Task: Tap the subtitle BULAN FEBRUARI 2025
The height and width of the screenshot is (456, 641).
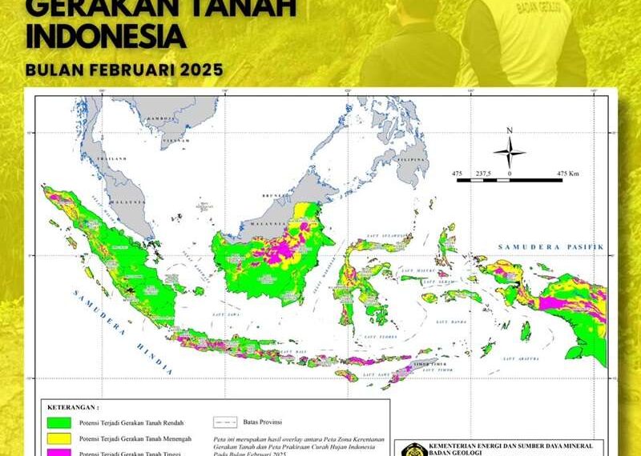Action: (123, 69)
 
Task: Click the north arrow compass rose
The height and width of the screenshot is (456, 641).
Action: (509, 151)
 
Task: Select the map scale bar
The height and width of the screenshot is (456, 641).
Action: (509, 181)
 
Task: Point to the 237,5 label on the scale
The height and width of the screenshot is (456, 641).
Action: (483, 173)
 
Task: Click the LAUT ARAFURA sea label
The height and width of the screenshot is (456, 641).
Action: (517, 359)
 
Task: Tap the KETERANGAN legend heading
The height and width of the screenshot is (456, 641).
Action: (73, 406)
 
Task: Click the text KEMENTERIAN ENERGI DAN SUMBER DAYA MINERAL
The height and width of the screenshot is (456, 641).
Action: (511, 444)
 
